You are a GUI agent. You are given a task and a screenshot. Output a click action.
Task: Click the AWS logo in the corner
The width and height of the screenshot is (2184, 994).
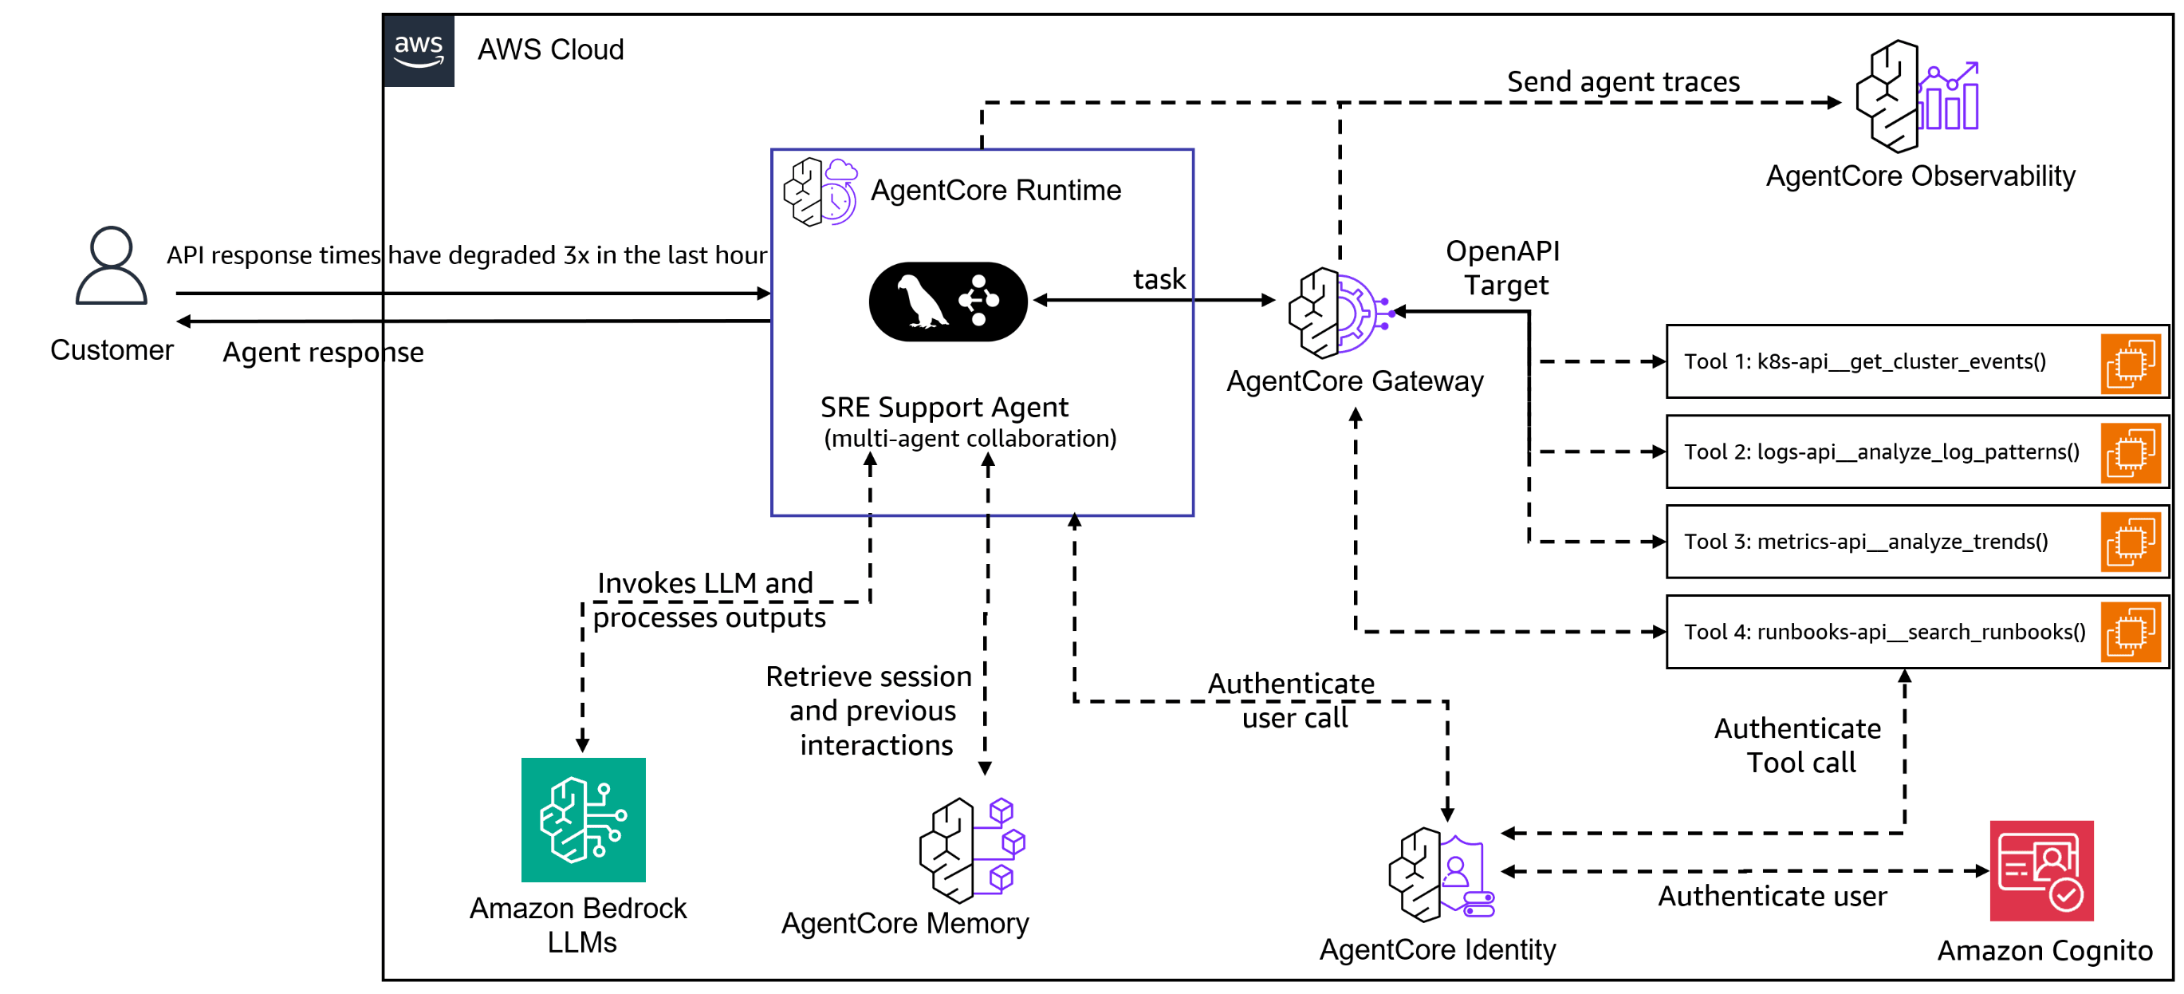[x=419, y=51]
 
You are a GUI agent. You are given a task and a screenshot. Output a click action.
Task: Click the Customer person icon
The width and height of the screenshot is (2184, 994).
[x=111, y=265]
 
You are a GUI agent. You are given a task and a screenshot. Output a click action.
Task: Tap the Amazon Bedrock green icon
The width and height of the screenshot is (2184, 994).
[x=584, y=819]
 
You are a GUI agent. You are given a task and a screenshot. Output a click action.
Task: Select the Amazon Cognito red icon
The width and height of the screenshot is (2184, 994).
[x=2040, y=870]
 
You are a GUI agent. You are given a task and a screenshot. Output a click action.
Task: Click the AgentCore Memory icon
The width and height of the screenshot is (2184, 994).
[x=973, y=849]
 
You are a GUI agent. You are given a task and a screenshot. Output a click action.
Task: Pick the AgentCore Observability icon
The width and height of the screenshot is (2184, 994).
[x=1916, y=96]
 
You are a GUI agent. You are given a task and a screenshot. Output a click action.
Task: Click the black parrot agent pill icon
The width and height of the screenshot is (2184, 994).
[x=948, y=302]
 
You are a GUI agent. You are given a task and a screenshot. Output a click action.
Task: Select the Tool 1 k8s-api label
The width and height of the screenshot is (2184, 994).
[x=1864, y=361]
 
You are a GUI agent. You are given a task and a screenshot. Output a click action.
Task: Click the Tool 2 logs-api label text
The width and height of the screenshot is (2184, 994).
[x=1880, y=452]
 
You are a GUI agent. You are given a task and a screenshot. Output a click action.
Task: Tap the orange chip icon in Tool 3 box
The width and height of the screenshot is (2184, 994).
[x=2130, y=542]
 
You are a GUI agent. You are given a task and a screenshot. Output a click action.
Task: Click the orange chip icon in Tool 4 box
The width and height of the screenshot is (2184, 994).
[x=2130, y=632]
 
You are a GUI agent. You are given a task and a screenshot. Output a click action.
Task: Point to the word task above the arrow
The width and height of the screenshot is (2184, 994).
[x=1159, y=279]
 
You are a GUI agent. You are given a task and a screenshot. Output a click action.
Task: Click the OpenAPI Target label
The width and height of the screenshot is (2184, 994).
[x=1502, y=268]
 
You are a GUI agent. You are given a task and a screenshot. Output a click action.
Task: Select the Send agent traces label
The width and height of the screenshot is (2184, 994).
[x=1623, y=81]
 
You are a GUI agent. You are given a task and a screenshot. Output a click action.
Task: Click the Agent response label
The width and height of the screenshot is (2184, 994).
[x=323, y=352]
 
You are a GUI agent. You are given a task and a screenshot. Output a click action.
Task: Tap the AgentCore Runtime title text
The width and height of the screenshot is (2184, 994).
[x=995, y=190]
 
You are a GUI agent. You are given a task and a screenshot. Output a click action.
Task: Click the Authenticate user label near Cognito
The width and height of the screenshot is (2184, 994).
[x=1772, y=896]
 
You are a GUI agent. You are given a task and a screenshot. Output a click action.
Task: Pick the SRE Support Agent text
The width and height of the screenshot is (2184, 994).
[x=943, y=408]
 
